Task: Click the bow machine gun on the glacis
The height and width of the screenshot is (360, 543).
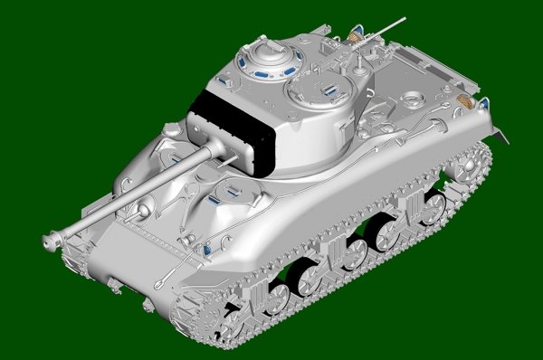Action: [x=142, y=212]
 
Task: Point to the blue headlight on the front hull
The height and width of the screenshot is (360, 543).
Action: [x=208, y=246]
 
